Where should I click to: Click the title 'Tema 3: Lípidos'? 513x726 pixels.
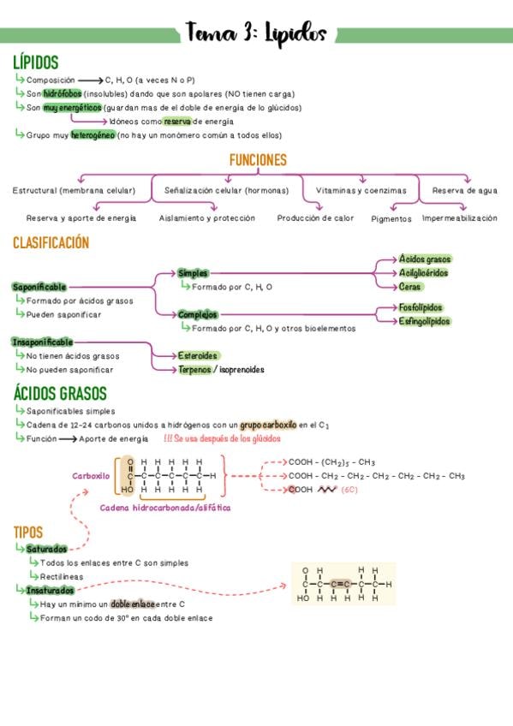point(256,33)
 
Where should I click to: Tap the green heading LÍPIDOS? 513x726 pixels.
point(36,62)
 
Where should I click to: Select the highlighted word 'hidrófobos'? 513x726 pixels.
point(63,93)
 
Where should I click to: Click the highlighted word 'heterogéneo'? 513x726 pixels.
point(92,135)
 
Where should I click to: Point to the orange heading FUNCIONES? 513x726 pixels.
point(258,160)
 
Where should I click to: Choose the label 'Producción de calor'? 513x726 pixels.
point(315,218)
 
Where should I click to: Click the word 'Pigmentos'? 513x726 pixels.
point(391,219)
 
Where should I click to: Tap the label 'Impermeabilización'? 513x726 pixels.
point(460,218)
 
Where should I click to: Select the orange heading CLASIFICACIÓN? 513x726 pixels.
point(51,242)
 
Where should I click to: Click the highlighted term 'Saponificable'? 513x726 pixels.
point(39,287)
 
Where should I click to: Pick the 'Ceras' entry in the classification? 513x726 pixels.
point(409,287)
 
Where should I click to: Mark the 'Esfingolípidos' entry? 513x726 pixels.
point(424,321)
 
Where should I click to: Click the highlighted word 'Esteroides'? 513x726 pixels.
point(198,355)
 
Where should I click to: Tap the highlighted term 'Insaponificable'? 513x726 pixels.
point(43,342)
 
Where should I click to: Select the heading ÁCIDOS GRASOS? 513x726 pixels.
point(60,394)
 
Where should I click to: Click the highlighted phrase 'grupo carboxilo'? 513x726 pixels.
point(268,425)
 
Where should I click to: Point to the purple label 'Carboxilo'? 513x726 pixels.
point(91,476)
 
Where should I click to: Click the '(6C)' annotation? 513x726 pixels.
point(349,490)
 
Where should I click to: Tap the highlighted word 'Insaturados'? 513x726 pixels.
point(50,591)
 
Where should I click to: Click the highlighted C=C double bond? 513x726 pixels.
point(340,585)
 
